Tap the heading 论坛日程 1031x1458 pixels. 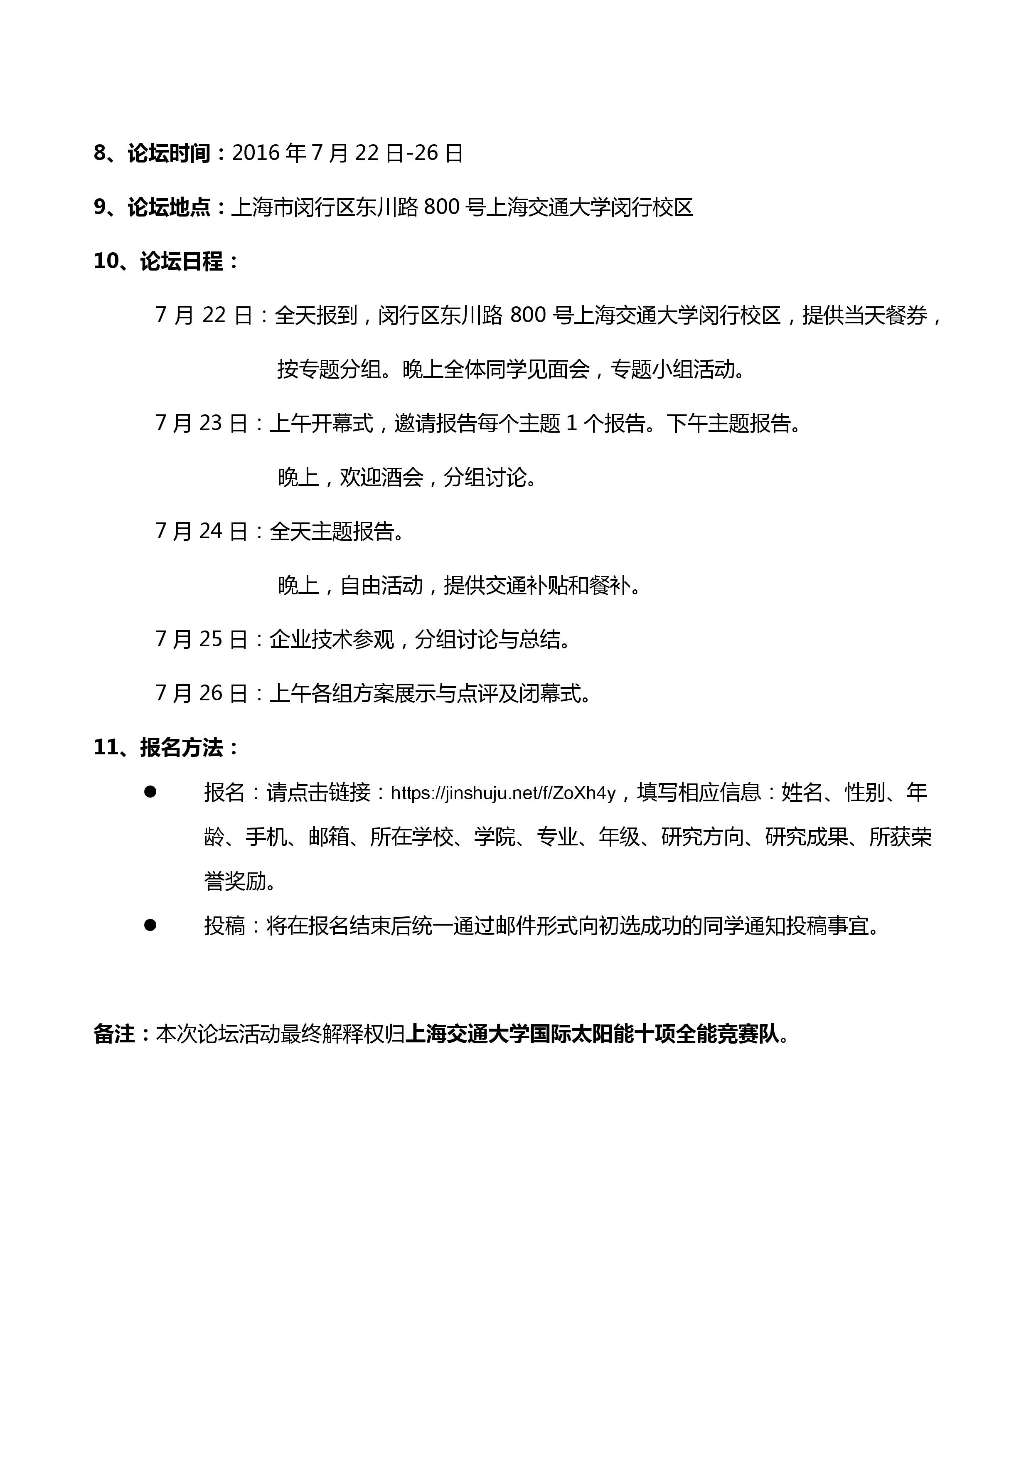pyautogui.click(x=182, y=261)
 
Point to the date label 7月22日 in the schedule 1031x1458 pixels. pyautogui.click(x=204, y=315)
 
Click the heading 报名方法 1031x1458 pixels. pyautogui.click(x=182, y=747)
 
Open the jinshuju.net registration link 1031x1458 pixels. pyautogui.click(x=503, y=793)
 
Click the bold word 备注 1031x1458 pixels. pyautogui.click(x=114, y=1034)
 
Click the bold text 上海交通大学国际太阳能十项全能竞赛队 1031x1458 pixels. pyautogui.click(x=592, y=1034)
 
